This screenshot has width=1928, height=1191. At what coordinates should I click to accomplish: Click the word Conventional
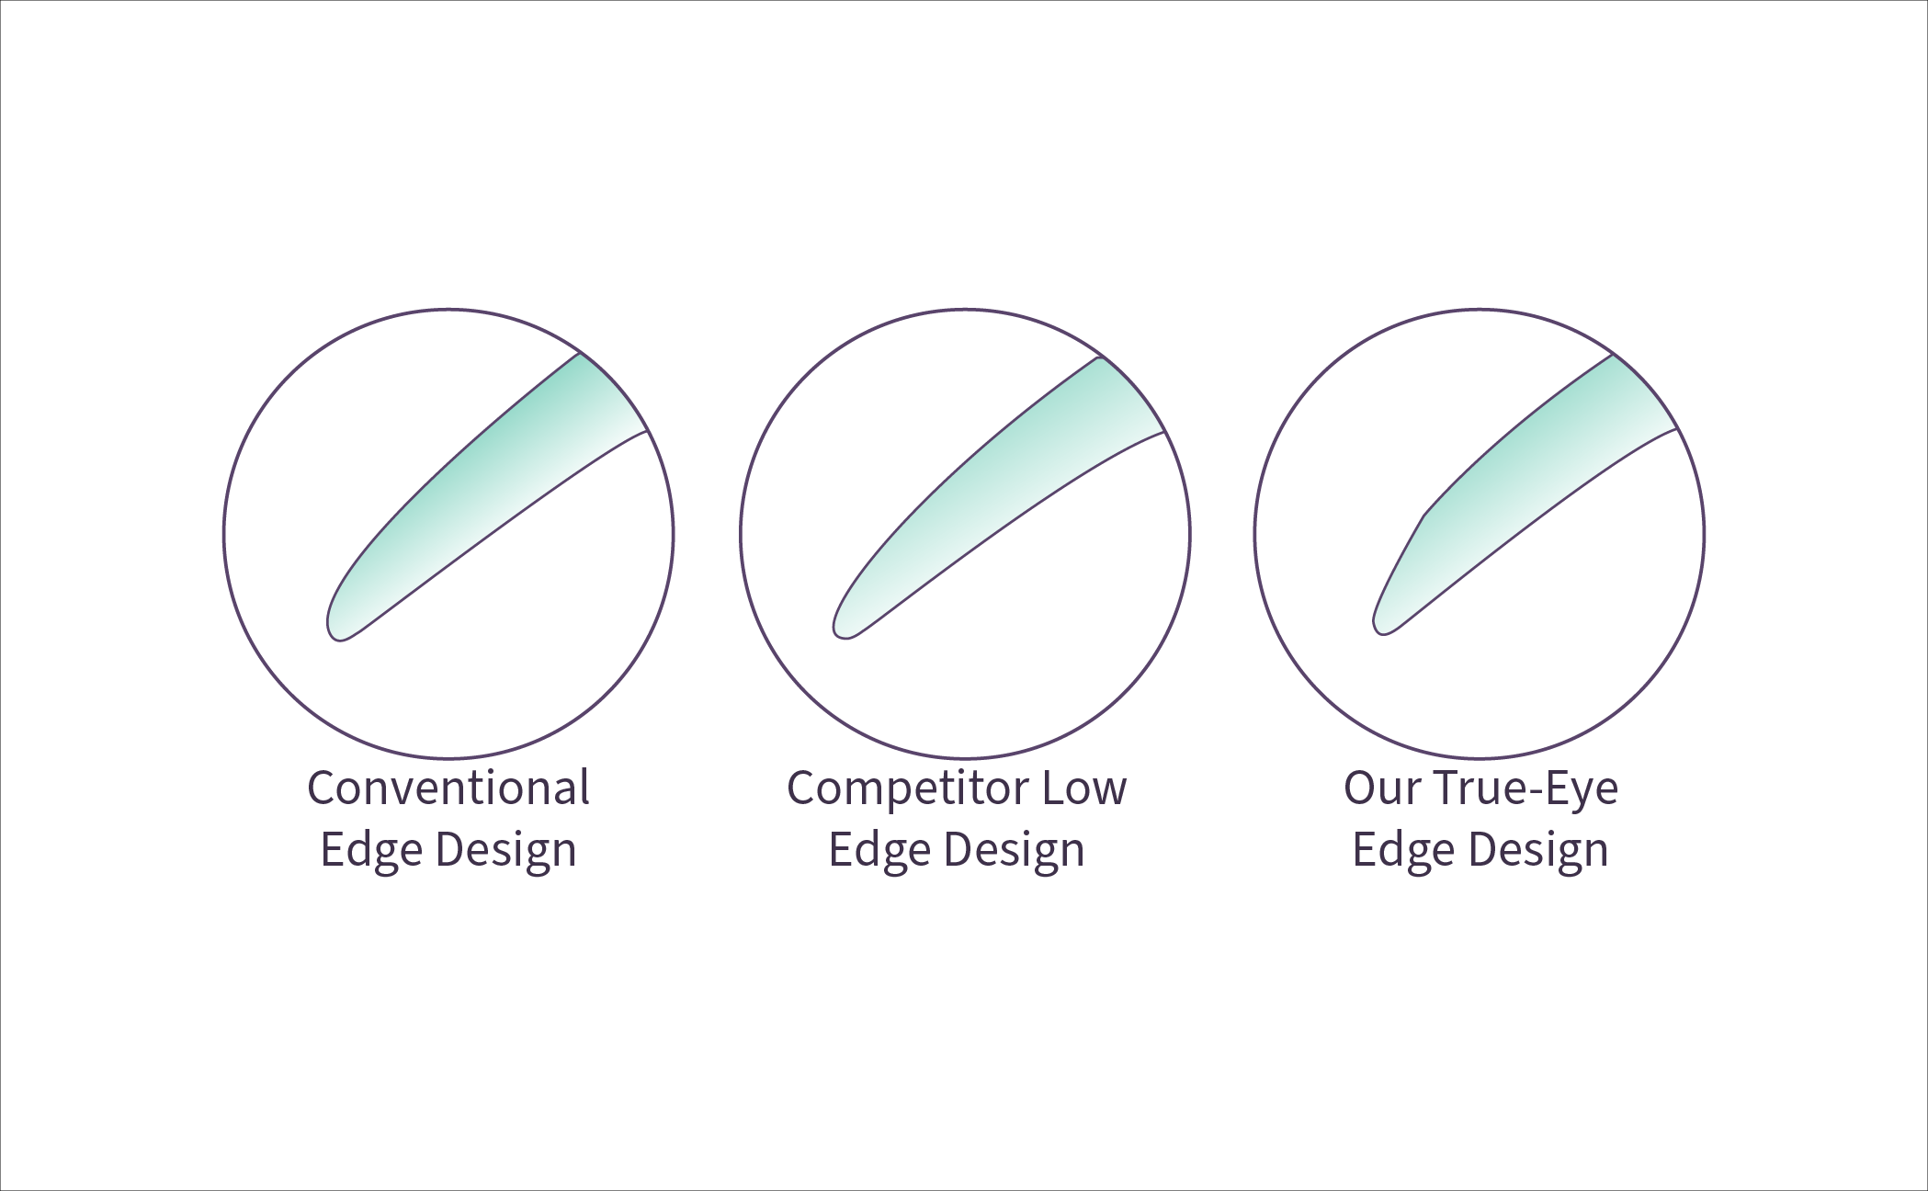coord(448,788)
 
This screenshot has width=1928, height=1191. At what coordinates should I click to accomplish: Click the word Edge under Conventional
coord(371,850)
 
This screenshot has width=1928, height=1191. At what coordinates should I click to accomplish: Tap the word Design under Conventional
coord(505,850)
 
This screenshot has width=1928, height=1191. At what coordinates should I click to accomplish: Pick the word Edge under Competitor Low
coord(879,850)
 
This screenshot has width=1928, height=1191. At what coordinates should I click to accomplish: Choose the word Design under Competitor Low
coord(1014,850)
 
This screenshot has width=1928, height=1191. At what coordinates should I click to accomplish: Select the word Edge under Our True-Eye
coord(1403,850)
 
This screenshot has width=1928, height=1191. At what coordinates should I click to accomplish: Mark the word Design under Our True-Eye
coord(1537,850)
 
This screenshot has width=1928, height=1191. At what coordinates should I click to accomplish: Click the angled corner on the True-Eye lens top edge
coord(1424,516)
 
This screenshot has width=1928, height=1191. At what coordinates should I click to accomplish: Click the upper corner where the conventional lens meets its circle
coord(580,352)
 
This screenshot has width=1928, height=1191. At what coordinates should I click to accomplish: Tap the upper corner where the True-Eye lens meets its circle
coord(1613,355)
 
